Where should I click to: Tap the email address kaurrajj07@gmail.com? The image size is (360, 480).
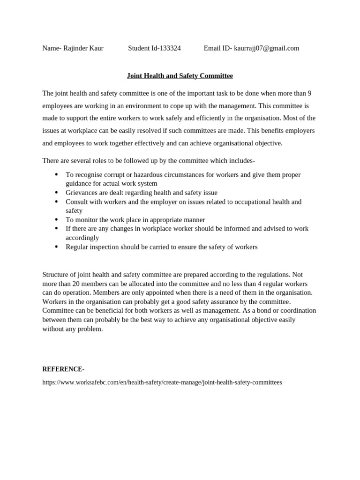[266, 48]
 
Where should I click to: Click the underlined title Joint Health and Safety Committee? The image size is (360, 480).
[180, 76]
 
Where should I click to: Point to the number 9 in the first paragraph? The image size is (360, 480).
[309, 94]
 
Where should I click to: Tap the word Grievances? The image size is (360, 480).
[82, 193]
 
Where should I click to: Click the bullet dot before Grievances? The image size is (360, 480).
[56, 193]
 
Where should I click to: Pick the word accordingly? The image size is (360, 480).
[82, 238]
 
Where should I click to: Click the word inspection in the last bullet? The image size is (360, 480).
[104, 247]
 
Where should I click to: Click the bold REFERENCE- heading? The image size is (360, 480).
[63, 369]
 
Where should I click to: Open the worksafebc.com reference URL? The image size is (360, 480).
[162, 382]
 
